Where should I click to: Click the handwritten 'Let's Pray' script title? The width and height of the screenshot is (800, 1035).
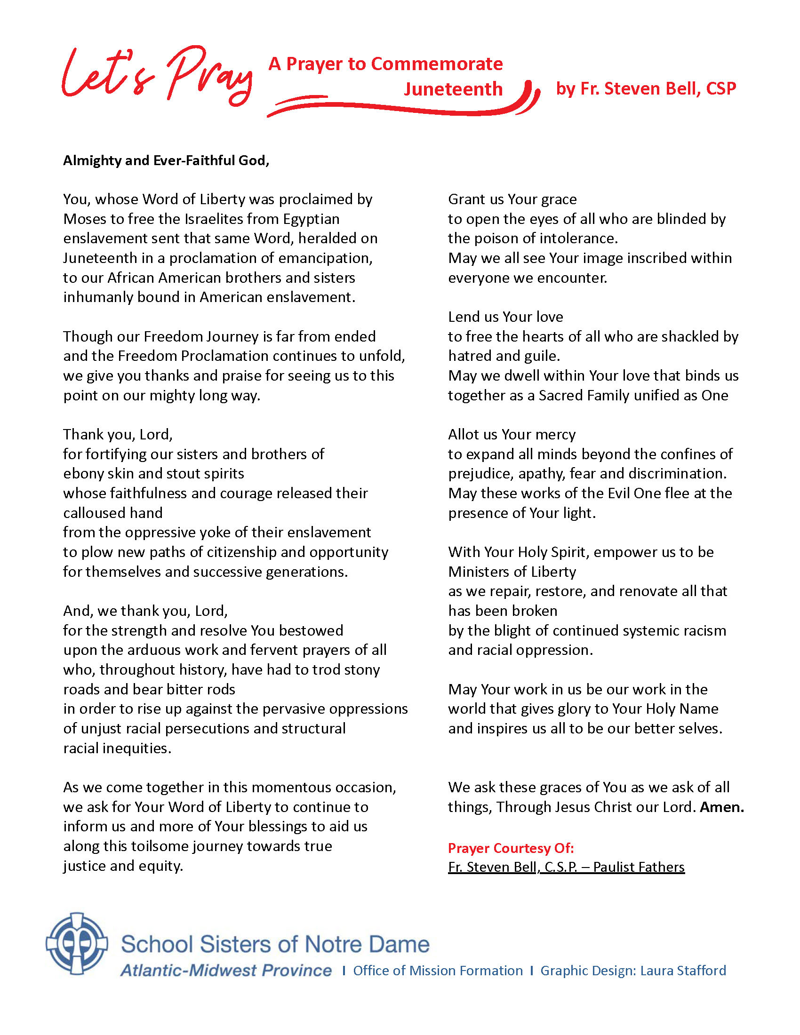click(156, 76)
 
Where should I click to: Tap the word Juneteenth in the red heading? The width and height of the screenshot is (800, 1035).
click(453, 89)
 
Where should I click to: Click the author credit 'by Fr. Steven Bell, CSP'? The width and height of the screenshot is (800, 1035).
click(646, 89)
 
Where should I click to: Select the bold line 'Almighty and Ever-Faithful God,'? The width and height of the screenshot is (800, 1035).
click(166, 160)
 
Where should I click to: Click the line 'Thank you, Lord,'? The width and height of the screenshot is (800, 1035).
click(118, 434)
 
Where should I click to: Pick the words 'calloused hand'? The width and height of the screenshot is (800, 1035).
click(113, 513)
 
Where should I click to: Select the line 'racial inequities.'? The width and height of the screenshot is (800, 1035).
click(117, 748)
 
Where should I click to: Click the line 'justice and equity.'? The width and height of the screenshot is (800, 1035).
click(123, 866)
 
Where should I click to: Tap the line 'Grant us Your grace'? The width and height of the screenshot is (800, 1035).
click(512, 199)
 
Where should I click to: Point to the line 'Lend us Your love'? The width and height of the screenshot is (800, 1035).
click(505, 317)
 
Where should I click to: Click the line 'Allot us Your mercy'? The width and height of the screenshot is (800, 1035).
click(512, 434)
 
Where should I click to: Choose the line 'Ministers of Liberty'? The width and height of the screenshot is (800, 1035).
click(512, 572)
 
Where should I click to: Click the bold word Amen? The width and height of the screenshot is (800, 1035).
click(721, 807)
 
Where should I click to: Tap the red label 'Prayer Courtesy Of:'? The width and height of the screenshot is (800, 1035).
click(511, 848)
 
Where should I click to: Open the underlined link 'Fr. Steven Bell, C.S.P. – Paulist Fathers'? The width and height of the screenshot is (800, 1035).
click(566, 867)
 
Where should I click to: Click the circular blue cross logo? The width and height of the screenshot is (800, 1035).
click(77, 943)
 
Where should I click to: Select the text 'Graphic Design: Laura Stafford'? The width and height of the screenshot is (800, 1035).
click(632, 971)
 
